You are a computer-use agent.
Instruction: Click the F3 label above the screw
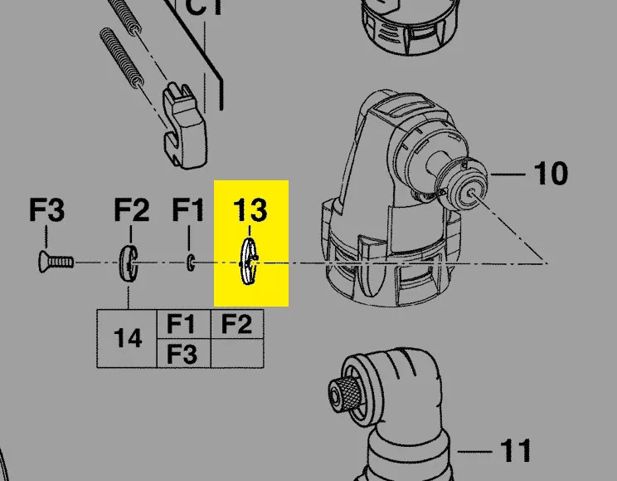(x=46, y=211)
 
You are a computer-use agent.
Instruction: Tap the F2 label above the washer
(x=131, y=211)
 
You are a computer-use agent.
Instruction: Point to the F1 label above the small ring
(x=187, y=211)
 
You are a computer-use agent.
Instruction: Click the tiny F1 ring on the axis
(x=191, y=263)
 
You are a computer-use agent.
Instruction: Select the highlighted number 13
(x=250, y=210)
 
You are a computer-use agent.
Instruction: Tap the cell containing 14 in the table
(x=127, y=339)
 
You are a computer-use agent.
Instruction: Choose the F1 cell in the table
(x=182, y=324)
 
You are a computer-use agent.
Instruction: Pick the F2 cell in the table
(x=237, y=324)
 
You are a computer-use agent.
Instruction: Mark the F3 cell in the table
(x=182, y=354)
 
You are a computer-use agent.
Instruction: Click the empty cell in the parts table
(x=237, y=354)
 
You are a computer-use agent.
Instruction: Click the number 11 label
(x=515, y=451)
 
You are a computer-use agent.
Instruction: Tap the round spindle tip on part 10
(x=469, y=190)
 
